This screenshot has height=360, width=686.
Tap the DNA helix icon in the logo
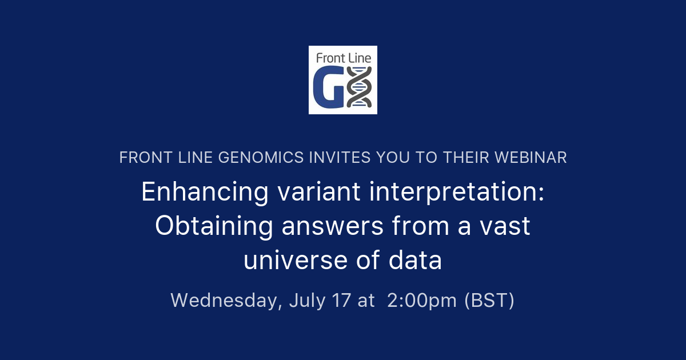360,87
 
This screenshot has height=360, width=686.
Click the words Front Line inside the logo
344,58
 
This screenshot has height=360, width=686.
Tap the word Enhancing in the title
205,192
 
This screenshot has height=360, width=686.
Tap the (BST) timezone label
489,300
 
